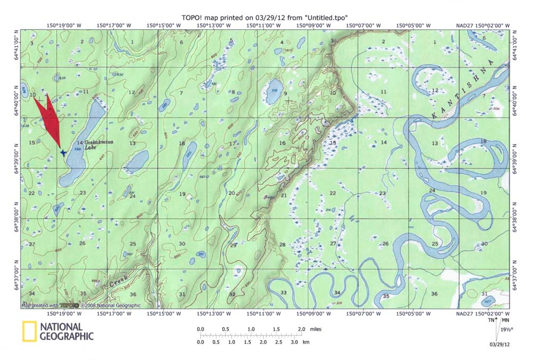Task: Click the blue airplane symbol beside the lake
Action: click(x=63, y=153)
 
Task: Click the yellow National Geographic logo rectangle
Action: click(x=29, y=331)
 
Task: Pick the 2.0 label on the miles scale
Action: click(x=302, y=330)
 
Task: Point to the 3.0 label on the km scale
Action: click(x=294, y=341)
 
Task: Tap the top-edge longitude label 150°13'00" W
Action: click(x=213, y=25)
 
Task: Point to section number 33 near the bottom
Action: click(x=284, y=293)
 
